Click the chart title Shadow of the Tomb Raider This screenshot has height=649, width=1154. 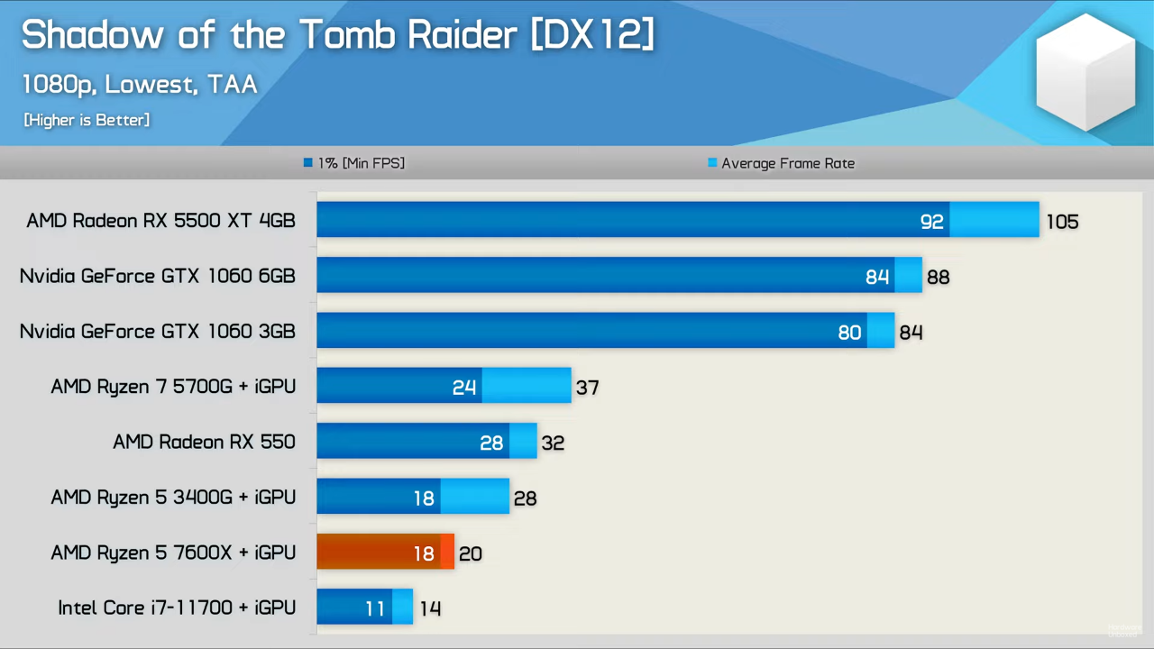click(x=337, y=35)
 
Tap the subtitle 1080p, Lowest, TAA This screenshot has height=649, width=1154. click(x=140, y=85)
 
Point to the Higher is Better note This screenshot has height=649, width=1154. click(x=87, y=120)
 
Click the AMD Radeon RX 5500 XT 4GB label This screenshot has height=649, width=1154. click(x=160, y=221)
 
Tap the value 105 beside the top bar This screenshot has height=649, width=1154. click(x=1062, y=222)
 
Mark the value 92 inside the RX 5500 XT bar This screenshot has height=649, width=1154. click(x=931, y=222)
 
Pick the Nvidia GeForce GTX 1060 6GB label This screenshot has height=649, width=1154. click(x=158, y=276)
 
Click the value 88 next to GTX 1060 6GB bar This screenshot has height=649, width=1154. click(x=938, y=277)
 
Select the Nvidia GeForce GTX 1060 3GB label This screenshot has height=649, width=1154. click(x=158, y=332)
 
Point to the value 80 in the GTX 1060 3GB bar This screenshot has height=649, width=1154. click(x=849, y=333)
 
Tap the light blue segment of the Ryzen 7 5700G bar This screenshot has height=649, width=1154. click(x=527, y=386)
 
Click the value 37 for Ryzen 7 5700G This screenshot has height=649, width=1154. click(x=587, y=388)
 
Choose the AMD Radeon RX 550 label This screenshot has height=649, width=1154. click(x=204, y=442)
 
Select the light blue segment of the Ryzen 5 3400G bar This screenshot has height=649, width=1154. click(x=475, y=497)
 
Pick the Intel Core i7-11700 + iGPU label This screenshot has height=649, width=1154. click(x=177, y=608)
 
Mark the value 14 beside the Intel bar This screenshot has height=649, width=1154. click(x=430, y=608)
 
